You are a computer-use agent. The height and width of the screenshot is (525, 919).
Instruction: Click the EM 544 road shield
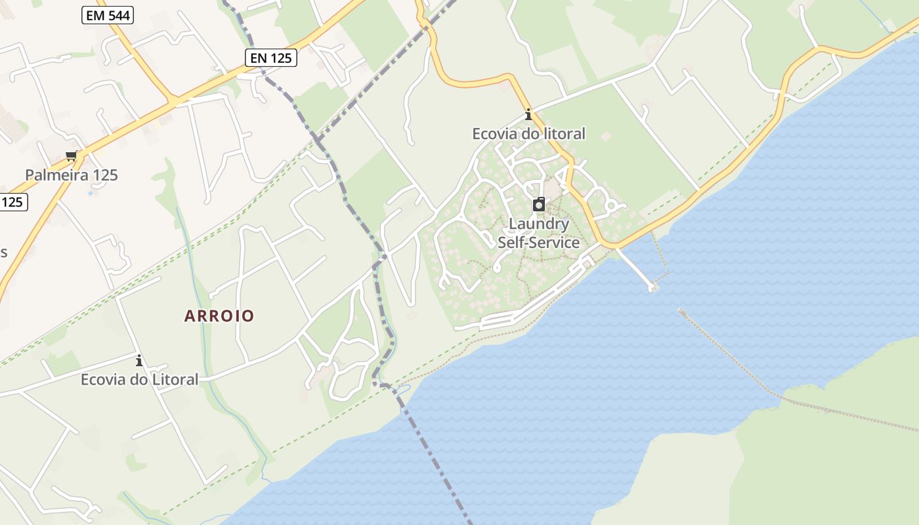click(x=108, y=15)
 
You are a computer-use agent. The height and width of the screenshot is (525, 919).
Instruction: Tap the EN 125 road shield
click(x=271, y=58)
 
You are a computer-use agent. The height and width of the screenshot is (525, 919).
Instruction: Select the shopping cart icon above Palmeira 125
click(x=71, y=156)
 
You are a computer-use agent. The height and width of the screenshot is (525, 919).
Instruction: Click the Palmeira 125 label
click(x=72, y=175)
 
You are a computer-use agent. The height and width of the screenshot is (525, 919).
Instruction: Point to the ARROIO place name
click(x=219, y=316)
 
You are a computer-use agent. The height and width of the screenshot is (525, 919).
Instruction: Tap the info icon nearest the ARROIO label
click(x=139, y=360)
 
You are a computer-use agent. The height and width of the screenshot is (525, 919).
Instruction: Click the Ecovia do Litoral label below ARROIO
click(x=139, y=379)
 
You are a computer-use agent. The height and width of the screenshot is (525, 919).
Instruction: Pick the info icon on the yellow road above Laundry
click(x=528, y=115)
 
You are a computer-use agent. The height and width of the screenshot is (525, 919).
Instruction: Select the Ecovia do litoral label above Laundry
click(x=528, y=134)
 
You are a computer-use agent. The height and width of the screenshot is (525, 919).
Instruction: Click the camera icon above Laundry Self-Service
click(x=539, y=204)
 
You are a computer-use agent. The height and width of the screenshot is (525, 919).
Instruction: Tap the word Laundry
click(x=539, y=224)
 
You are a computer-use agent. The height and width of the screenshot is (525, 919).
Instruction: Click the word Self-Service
click(x=539, y=242)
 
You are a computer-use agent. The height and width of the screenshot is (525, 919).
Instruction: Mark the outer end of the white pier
click(x=651, y=287)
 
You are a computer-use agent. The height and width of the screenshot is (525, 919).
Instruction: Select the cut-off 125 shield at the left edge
click(x=12, y=202)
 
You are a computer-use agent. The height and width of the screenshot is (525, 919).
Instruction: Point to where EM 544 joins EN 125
click(x=173, y=101)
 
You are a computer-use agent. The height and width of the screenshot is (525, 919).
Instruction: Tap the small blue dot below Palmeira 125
click(x=91, y=193)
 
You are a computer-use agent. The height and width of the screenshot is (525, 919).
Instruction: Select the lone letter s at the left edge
click(x=3, y=253)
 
